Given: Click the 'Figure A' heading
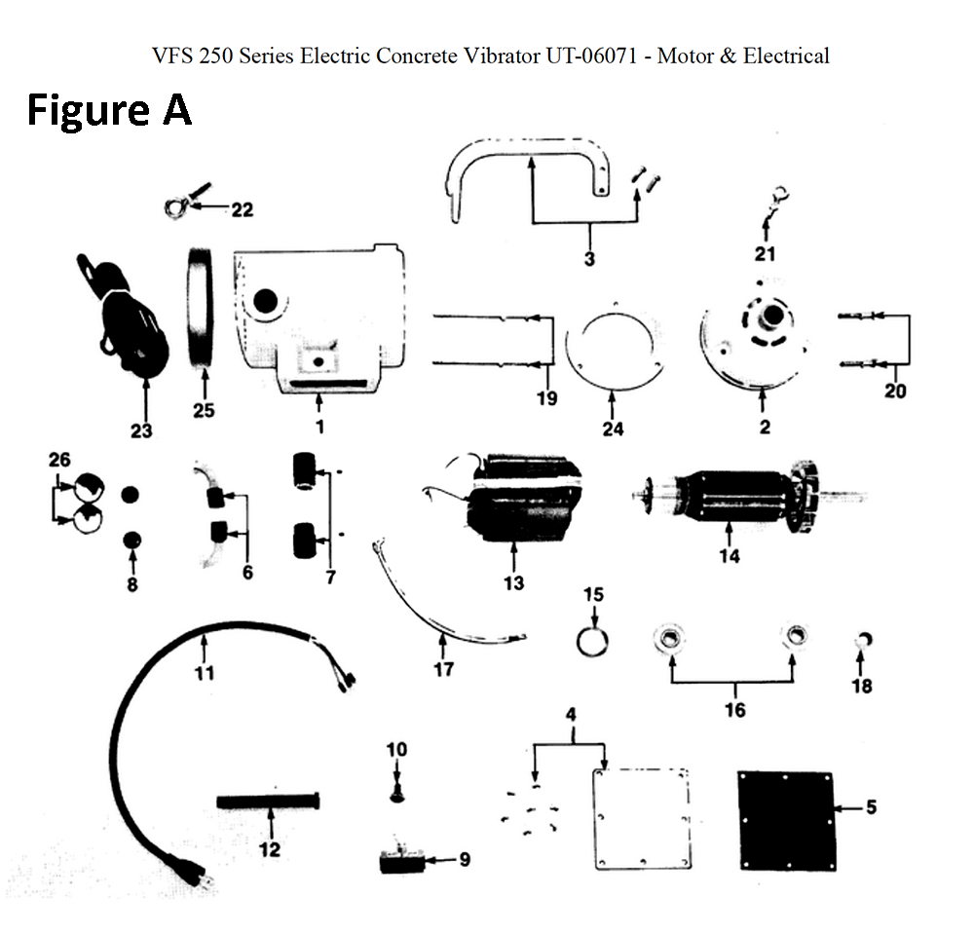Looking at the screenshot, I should coord(108,110).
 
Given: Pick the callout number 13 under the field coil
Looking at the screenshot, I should coord(513,582).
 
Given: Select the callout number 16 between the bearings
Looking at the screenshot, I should coord(735,709).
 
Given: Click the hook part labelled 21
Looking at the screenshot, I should coord(774,203).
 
